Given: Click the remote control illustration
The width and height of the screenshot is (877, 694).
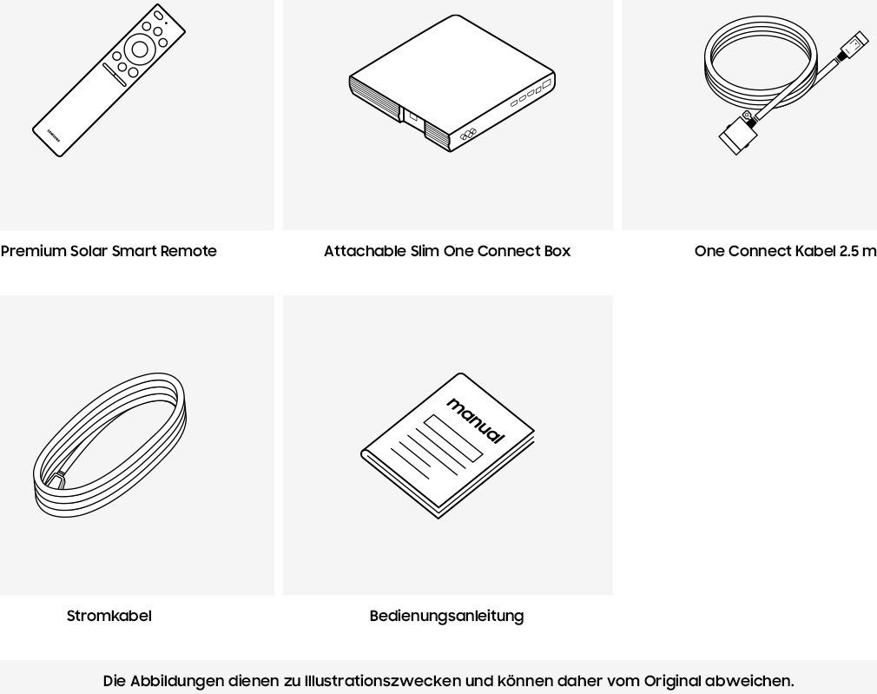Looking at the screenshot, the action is click(x=109, y=80).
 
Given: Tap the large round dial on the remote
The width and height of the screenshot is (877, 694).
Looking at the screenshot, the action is click(x=139, y=50).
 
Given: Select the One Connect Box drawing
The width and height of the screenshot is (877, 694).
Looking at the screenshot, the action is click(x=452, y=84).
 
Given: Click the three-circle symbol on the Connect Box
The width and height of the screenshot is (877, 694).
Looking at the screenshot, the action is click(x=468, y=135).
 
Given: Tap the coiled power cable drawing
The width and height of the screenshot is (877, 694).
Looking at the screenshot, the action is click(x=109, y=445).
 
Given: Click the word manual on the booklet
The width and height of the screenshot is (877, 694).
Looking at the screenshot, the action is click(x=476, y=421).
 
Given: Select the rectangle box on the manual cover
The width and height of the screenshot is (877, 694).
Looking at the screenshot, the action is click(x=453, y=439).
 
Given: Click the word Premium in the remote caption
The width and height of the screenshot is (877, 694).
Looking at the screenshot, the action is click(x=34, y=251).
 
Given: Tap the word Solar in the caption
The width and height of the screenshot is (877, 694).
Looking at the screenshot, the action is click(x=89, y=251).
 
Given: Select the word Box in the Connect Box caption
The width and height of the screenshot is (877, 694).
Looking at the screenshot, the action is click(x=557, y=251).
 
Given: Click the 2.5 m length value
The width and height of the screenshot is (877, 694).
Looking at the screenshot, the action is click(x=857, y=251).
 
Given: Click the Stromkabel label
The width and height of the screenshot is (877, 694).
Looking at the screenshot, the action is click(x=109, y=616).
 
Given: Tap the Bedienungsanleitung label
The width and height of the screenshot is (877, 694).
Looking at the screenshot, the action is click(x=447, y=616).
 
